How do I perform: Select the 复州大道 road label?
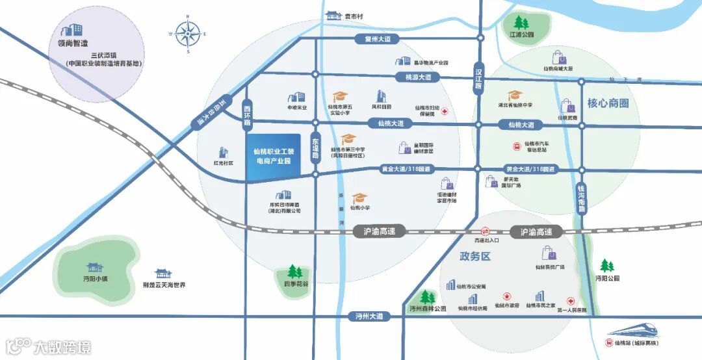pyautogui.click(x=378, y=39)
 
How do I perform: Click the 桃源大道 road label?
pyautogui.click(x=418, y=77)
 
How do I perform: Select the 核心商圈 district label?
pyautogui.click(x=608, y=103)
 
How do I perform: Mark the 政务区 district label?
pyautogui.click(x=474, y=257)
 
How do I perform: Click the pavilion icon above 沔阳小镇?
pyautogui.click(x=94, y=266)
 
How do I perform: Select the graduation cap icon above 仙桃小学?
pyautogui.click(x=359, y=198)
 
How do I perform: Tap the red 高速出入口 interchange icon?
pyautogui.click(x=484, y=231)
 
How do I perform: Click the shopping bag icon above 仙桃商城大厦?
pyautogui.click(x=558, y=57)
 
